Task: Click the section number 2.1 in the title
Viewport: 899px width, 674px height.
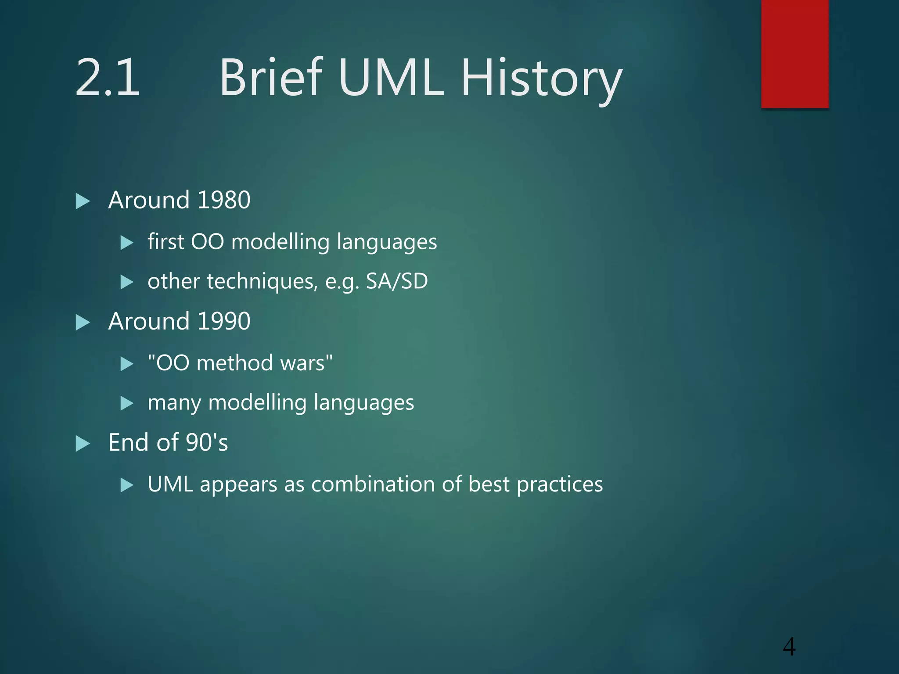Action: (x=108, y=78)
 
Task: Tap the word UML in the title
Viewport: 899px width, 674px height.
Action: (x=391, y=78)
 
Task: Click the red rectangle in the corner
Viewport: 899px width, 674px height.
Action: (x=795, y=54)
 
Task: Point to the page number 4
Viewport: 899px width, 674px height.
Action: (x=789, y=646)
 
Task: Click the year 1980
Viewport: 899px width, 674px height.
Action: (x=224, y=200)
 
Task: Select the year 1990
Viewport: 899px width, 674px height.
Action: (x=224, y=321)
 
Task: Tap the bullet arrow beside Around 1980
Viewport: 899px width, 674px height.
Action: (x=83, y=201)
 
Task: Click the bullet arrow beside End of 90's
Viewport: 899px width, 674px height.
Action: (x=83, y=444)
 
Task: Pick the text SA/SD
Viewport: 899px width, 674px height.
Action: (x=396, y=281)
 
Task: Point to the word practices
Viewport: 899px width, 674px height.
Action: (x=560, y=484)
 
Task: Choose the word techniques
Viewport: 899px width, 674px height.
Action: (x=262, y=281)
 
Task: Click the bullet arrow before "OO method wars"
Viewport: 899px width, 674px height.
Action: (x=127, y=364)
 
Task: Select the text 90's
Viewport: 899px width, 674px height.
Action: (x=207, y=442)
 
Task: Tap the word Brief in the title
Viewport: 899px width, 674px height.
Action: (x=271, y=78)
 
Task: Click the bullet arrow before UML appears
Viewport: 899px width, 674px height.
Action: (x=127, y=485)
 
